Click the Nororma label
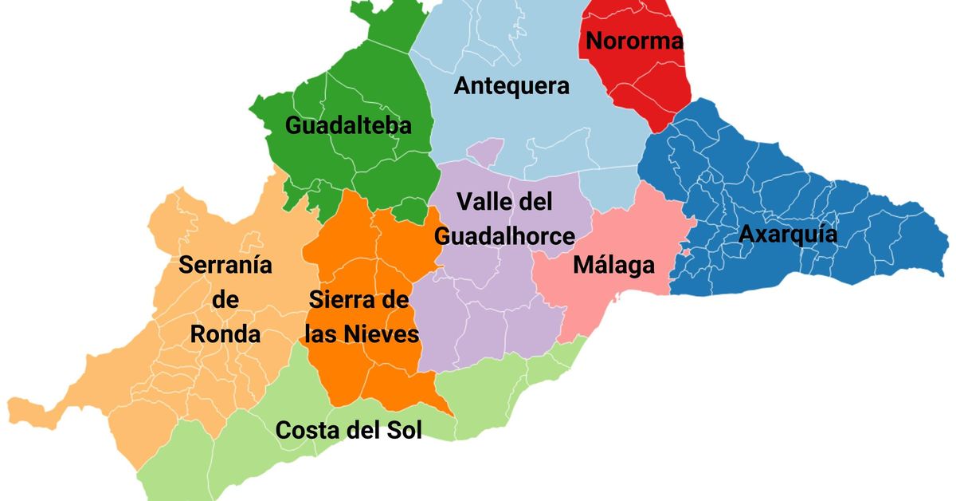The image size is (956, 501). [x=634, y=41]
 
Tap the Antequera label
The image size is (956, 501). [x=511, y=86]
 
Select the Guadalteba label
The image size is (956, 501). [x=348, y=126]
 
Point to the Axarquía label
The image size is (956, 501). [x=788, y=235]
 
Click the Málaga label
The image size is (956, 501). [x=613, y=265]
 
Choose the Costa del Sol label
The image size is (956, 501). [x=348, y=430]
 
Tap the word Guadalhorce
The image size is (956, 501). [x=504, y=236]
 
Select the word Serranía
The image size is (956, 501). [x=225, y=265]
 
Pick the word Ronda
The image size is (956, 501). [x=225, y=334]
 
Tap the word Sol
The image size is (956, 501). [x=402, y=430]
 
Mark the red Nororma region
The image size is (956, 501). [x=645, y=88]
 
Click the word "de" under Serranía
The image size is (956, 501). [x=226, y=300]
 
